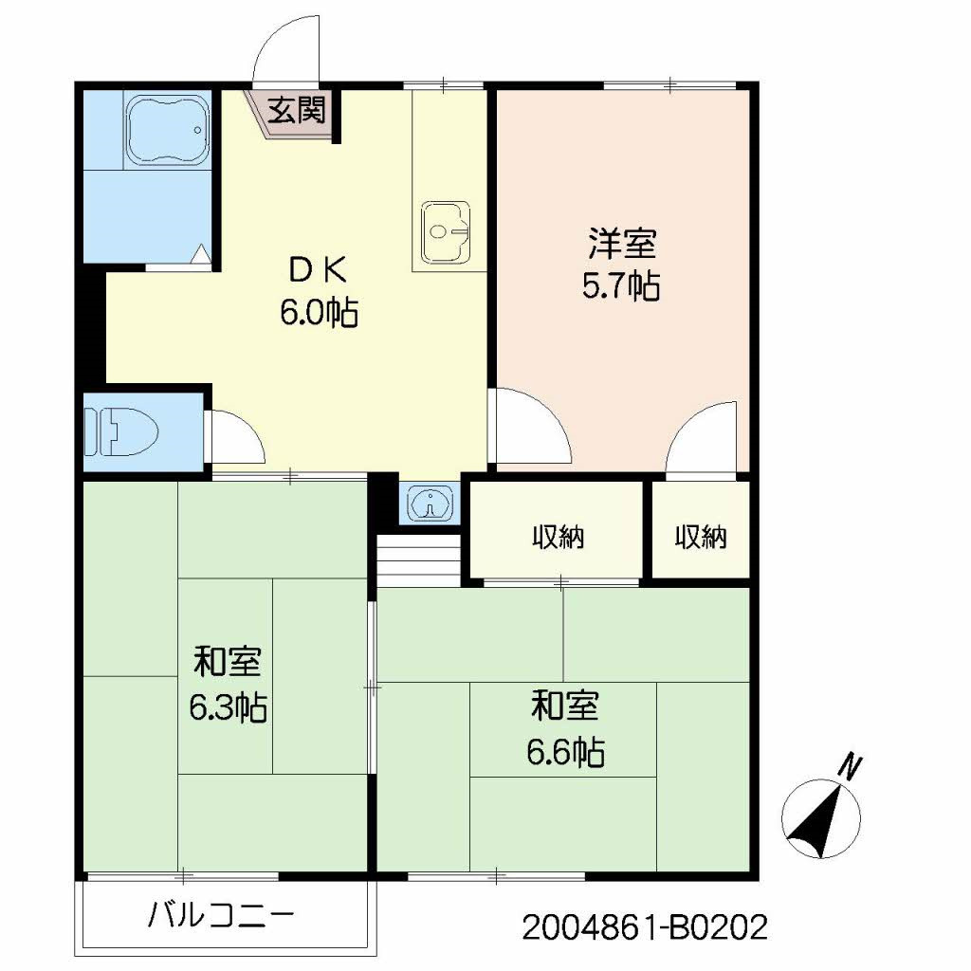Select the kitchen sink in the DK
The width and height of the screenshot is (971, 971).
(x=445, y=230)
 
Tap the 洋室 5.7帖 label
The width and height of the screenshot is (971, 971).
(x=621, y=265)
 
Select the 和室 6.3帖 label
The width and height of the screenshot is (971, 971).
(x=227, y=684)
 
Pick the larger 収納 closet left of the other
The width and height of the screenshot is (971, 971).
(x=558, y=538)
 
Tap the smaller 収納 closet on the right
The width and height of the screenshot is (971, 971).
(x=701, y=538)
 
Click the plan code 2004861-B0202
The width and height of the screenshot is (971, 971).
(x=644, y=926)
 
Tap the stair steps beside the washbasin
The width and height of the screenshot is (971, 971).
(x=417, y=559)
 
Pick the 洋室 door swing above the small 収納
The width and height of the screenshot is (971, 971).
(x=705, y=437)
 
